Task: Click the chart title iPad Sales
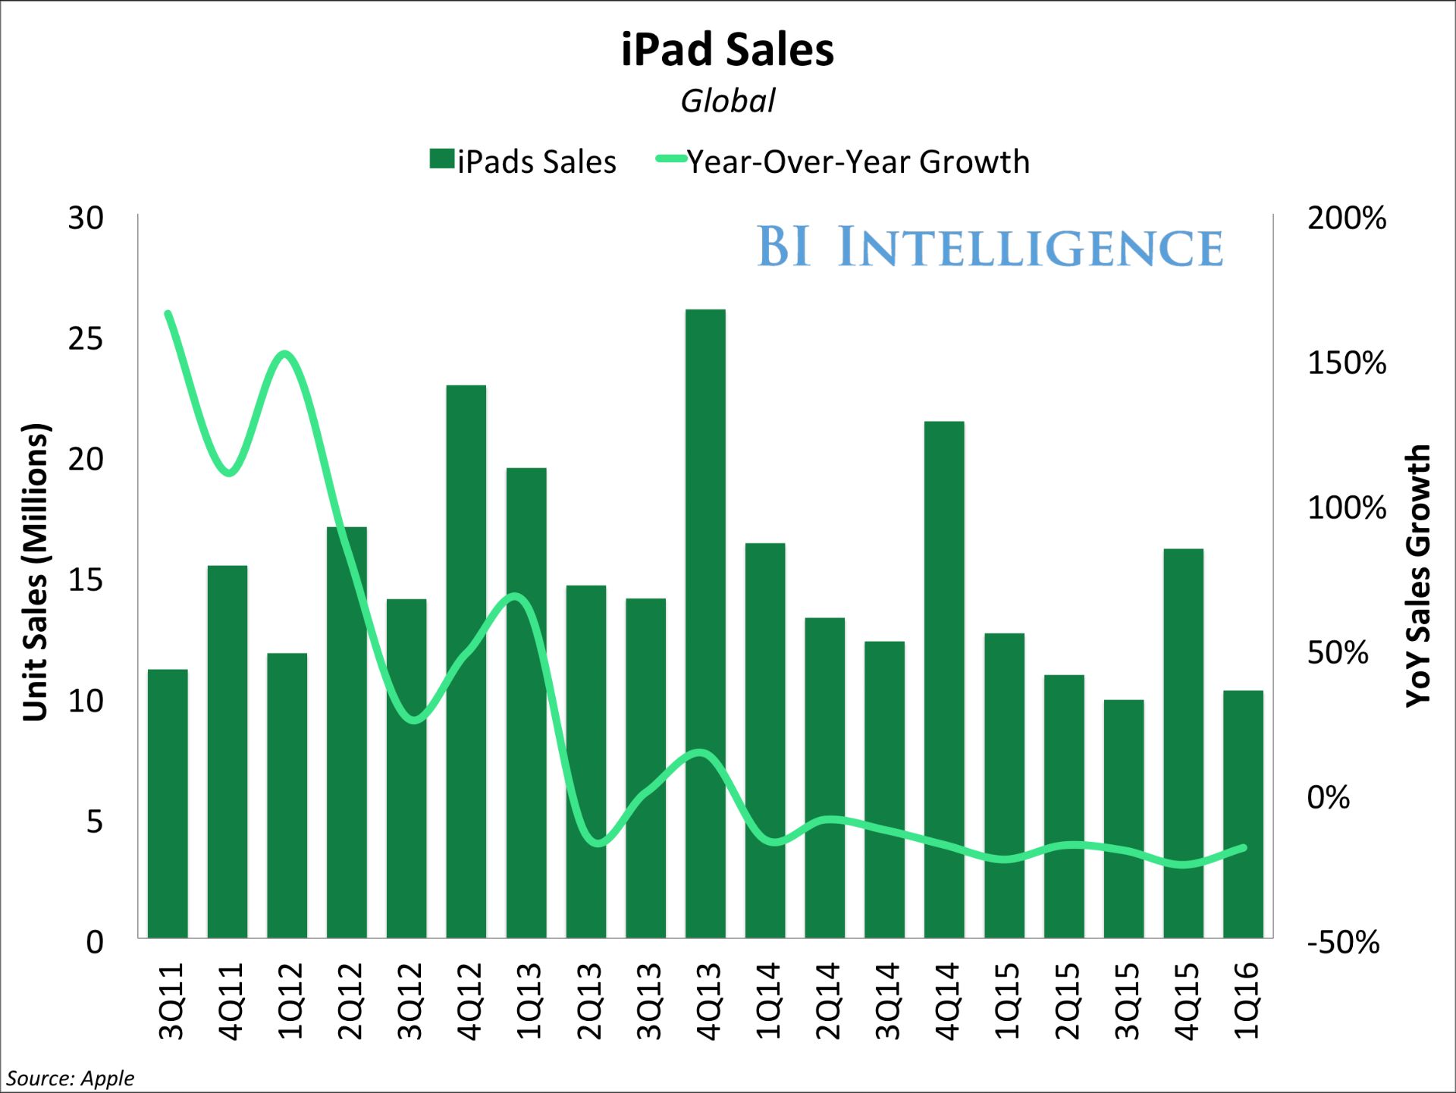click(x=727, y=50)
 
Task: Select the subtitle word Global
click(x=727, y=101)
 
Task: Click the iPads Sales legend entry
click(x=523, y=162)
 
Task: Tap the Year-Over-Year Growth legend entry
click(x=843, y=162)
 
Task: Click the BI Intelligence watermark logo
click(x=990, y=247)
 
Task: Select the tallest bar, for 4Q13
click(x=705, y=622)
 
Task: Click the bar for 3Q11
click(x=168, y=804)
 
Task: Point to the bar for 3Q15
click(x=1123, y=819)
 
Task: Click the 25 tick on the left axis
click(x=86, y=339)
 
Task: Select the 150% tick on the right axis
click(x=1346, y=363)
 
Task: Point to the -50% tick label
click(x=1343, y=942)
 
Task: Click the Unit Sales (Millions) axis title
click(x=36, y=572)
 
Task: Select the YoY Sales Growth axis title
click(x=1417, y=576)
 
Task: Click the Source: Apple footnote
click(x=71, y=1078)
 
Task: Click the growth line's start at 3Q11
click(x=168, y=313)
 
